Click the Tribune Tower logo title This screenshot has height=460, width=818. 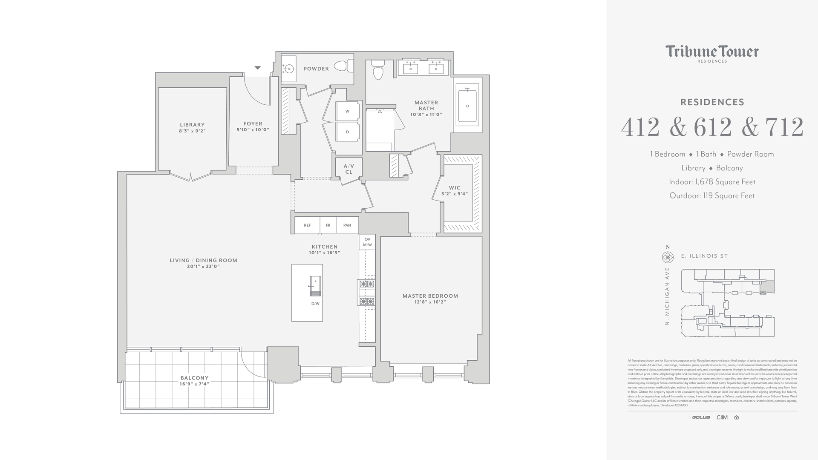click(x=712, y=52)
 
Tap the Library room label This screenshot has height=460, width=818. click(x=192, y=125)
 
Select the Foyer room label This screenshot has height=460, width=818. click(x=253, y=124)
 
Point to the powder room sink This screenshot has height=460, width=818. click(x=289, y=68)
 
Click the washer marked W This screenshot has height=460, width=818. click(x=348, y=111)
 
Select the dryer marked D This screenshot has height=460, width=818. click(x=348, y=132)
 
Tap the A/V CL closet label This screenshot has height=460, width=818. click(x=349, y=169)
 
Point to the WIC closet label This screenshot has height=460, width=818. click(x=455, y=188)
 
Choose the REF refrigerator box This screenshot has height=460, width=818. click(x=307, y=225)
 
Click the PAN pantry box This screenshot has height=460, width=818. click(x=347, y=225)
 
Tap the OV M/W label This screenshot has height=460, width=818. click(x=367, y=242)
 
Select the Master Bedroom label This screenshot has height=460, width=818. click(x=430, y=296)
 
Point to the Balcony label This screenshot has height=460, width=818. click(x=194, y=378)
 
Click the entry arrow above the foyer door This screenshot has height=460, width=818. click(x=257, y=68)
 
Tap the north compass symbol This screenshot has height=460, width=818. click(x=668, y=257)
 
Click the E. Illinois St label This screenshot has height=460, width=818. click(x=704, y=256)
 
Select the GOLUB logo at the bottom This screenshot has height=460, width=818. click(x=701, y=417)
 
